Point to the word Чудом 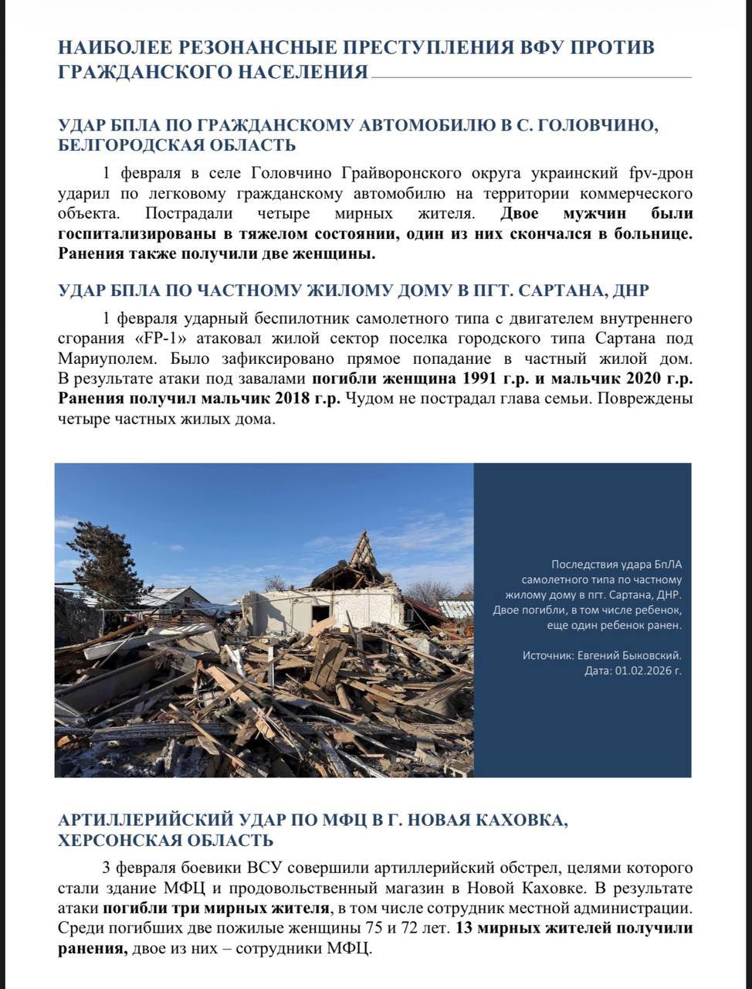pyautogui.click(x=368, y=399)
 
